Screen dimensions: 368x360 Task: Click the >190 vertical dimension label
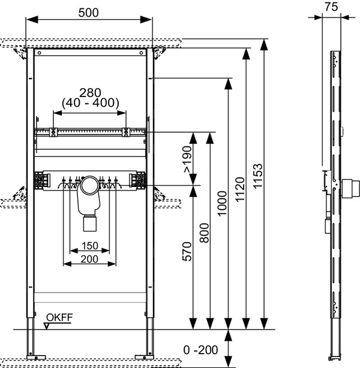[x=187, y=159]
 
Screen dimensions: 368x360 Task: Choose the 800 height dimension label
[x=204, y=232]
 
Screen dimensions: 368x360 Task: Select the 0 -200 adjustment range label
[x=201, y=349]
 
